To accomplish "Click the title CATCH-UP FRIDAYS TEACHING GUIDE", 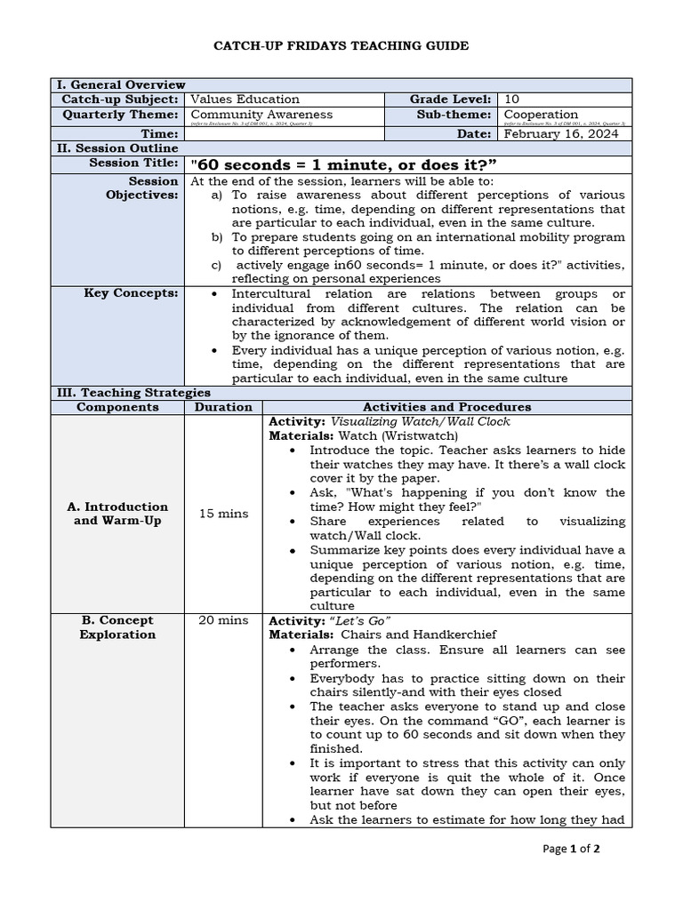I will tap(341, 45).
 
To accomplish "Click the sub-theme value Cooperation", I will tap(541, 115).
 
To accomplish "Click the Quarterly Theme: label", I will tap(120, 115).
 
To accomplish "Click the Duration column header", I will tap(222, 407).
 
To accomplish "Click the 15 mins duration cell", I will tap(223, 514).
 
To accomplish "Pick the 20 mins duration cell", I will tap(223, 620).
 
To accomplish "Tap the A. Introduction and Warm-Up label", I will tap(117, 514).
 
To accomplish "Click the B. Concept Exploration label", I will tap(117, 627).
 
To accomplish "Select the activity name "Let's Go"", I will tap(361, 620).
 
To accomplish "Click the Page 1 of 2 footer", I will tap(572, 849).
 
